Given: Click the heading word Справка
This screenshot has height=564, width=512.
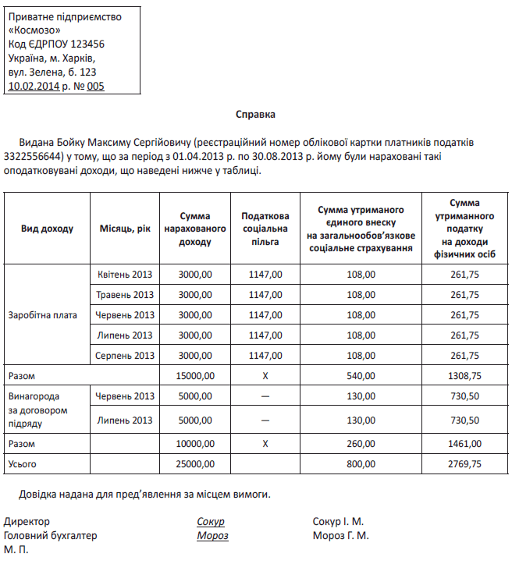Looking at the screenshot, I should point(256,114).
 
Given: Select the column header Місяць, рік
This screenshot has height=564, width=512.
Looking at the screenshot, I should point(125,229).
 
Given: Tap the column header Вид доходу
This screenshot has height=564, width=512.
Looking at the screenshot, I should point(47,229).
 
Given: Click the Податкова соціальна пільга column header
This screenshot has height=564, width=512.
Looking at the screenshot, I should point(265,229).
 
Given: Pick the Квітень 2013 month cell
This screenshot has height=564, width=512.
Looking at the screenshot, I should point(126,275).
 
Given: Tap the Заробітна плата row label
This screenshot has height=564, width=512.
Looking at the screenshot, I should point(43,315).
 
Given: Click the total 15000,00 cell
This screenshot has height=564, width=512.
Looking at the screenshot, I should point(196,376).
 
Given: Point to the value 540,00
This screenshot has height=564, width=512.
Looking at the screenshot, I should point(361,376).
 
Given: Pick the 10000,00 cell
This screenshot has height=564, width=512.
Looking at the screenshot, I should point(196,444).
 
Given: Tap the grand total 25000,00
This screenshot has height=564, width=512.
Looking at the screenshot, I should point(196,464).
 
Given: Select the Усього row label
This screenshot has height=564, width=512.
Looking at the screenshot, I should point(23,464).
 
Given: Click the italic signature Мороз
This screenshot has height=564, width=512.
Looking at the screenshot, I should point(212,536).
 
